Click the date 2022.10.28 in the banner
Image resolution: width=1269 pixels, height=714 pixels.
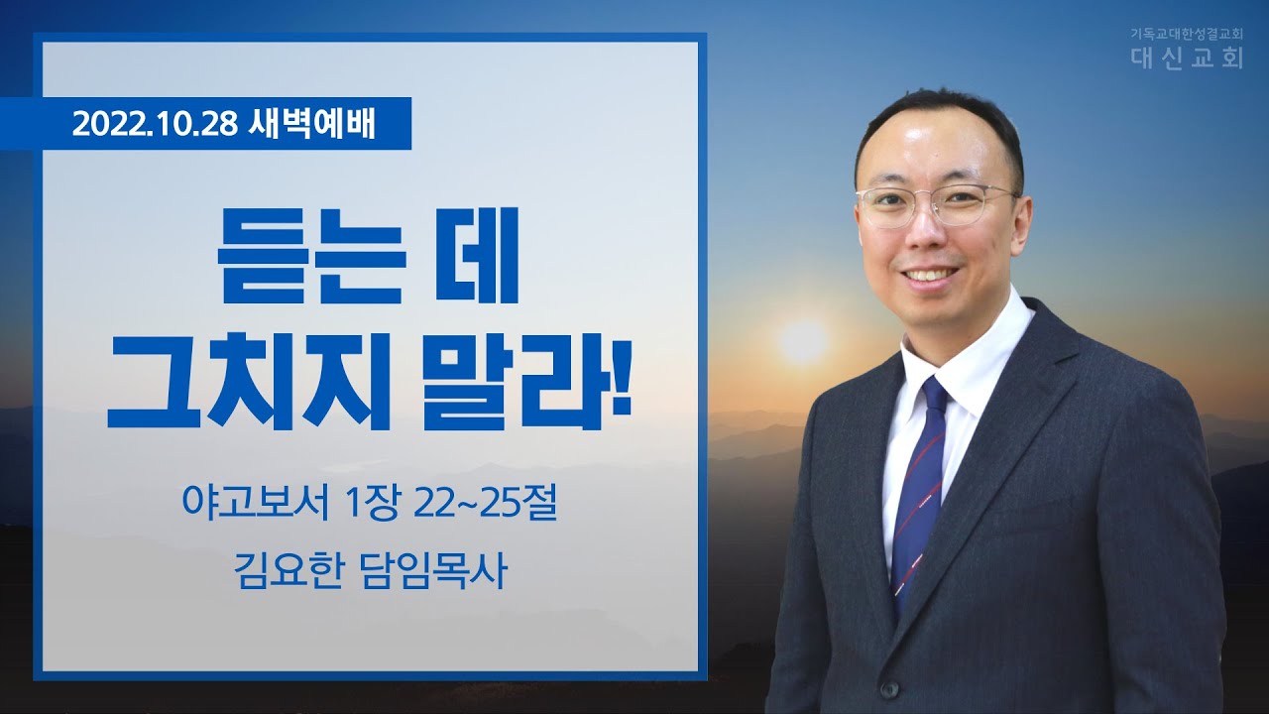pos(155,124)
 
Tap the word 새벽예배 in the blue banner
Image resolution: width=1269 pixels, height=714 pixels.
pos(311,124)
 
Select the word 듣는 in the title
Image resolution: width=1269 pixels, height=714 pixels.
pos(311,256)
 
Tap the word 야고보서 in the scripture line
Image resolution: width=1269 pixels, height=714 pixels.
pos(256,503)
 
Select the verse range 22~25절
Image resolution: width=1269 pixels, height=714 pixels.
pos(485,503)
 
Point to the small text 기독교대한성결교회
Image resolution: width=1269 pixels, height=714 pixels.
pos(1183,34)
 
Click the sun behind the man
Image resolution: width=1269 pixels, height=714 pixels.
pos(803,342)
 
